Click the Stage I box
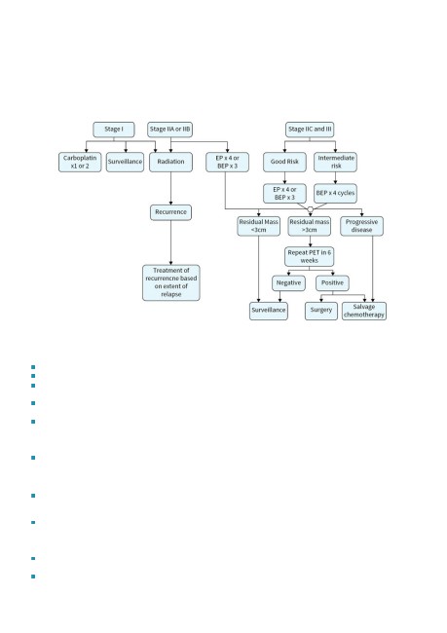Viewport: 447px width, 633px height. click(114, 130)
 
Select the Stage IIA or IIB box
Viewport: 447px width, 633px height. click(169, 130)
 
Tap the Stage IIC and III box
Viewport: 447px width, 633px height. click(310, 130)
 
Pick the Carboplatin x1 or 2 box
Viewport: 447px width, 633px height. click(80, 162)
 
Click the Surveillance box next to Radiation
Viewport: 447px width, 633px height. click(125, 162)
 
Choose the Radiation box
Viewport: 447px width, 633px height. click(170, 162)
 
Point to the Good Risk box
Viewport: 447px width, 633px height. click(284, 162)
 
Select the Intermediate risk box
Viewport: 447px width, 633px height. click(336, 162)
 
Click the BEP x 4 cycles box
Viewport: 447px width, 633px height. click(336, 194)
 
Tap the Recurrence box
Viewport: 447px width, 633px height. click(170, 212)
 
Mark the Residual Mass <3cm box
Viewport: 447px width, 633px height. click(258, 226)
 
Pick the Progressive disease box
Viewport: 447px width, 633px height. click(362, 226)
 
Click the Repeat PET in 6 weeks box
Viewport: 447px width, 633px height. click(310, 257)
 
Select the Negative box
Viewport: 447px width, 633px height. click(288, 283)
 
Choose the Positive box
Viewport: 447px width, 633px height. click(332, 283)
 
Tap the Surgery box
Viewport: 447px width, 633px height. click(321, 311)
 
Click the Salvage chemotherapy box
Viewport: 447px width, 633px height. click(364, 311)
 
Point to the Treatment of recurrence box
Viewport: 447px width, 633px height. click(171, 282)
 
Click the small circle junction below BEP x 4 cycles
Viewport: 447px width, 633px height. click(310, 209)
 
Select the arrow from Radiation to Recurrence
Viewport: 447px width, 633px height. click(170, 188)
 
